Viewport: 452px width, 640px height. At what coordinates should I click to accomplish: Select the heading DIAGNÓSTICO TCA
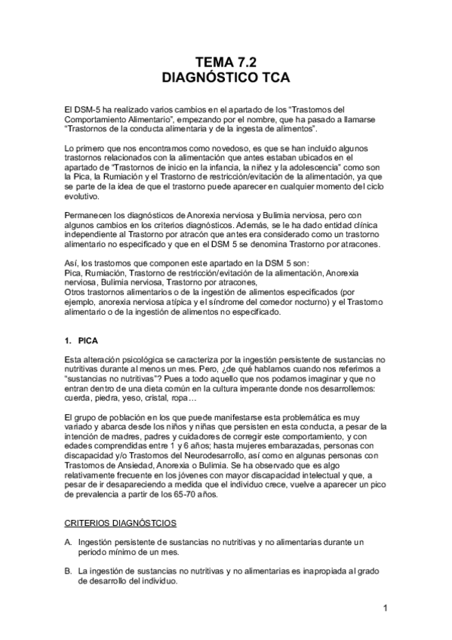[x=226, y=78]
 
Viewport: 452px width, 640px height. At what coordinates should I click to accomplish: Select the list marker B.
[x=69, y=571]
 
